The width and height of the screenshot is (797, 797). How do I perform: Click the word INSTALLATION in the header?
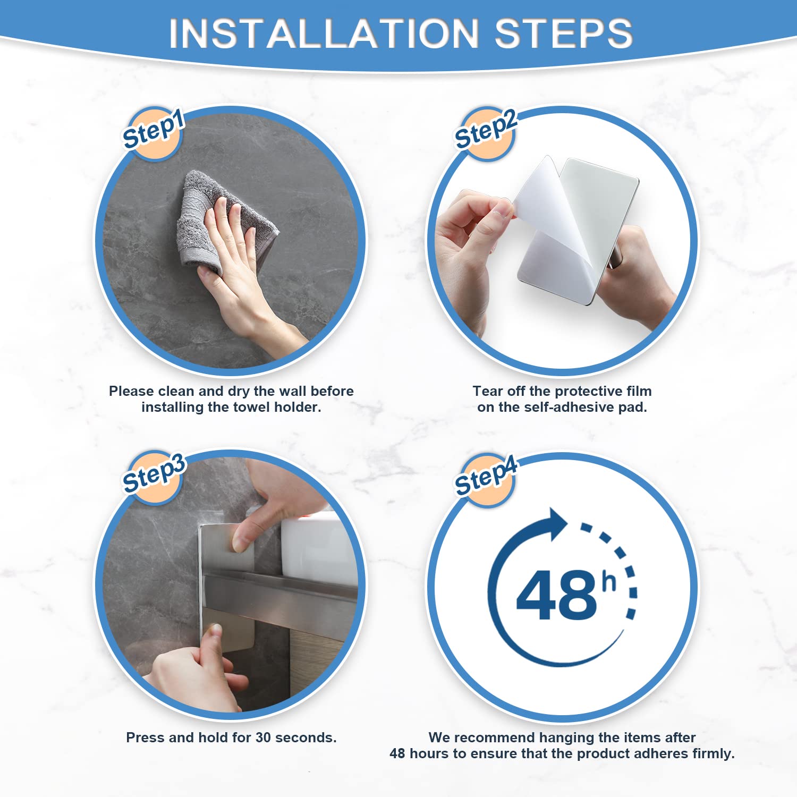pos(324,33)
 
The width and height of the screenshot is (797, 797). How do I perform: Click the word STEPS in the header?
pos(564,33)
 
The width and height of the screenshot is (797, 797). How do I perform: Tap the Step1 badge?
pos(154,133)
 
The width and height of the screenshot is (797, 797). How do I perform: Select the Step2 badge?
pos(486,133)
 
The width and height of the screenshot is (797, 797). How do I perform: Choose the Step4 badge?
pos(486,478)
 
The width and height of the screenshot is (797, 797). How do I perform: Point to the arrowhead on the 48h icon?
pos(558,524)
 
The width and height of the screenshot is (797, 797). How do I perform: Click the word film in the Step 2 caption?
pos(639,391)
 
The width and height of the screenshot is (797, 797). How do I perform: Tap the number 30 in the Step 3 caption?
pos(264,737)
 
